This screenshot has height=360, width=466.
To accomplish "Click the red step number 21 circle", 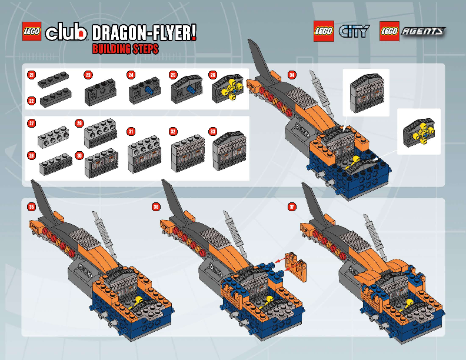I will pos(31,75).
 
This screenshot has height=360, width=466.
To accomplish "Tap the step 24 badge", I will pos(131,75).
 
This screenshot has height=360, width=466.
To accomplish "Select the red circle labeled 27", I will pos(31,124).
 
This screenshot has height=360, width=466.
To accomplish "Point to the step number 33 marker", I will pos(213,131).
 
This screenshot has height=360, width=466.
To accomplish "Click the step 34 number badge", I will pos(292,75).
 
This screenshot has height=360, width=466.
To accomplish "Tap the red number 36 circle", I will pos(156,206).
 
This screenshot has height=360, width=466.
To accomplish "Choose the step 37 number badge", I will pos(292,206).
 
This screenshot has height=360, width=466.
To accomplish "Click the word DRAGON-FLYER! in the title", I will pos(144,33).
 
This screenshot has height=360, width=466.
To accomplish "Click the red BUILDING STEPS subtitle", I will pos(125,49).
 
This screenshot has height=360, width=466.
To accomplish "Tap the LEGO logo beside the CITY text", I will pos(324,31).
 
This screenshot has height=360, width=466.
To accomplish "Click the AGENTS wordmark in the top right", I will pos(422,32).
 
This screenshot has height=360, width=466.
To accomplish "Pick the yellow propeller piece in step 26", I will pos(231,90).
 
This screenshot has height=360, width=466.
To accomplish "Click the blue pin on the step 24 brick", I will pos(151,91).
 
